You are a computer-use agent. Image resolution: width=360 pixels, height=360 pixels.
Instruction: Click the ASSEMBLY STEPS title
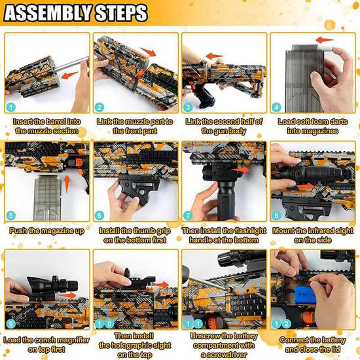(x=76, y=12)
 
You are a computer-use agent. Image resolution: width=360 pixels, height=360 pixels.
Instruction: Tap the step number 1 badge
(x=11, y=107)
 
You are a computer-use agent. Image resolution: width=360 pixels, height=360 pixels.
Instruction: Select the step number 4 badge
(x=276, y=107)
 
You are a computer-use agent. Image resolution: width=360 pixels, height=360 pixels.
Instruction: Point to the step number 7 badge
(x=188, y=215)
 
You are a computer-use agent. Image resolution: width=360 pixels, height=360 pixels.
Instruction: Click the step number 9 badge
(x=11, y=324)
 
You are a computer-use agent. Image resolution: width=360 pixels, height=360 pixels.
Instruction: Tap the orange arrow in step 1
(x=69, y=75)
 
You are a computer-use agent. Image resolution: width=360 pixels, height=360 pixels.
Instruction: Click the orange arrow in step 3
(x=215, y=56)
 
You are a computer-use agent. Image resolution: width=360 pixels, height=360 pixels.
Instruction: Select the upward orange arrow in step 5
(x=67, y=184)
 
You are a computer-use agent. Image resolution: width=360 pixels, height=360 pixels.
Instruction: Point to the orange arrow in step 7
(x=240, y=170)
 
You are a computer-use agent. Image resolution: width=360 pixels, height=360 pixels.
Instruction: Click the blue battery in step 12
(x=304, y=295)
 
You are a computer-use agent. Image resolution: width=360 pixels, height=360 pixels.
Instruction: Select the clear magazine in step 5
(x=47, y=198)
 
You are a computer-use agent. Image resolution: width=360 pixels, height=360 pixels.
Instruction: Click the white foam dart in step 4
(x=329, y=48)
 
